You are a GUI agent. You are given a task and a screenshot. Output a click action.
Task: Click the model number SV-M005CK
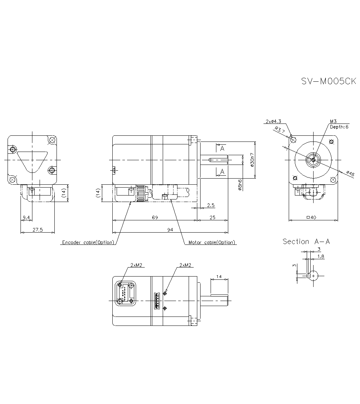click(x=328, y=81)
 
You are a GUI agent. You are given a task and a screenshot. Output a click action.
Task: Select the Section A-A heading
click(x=306, y=242)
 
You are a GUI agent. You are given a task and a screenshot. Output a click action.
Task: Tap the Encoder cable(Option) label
click(x=88, y=242)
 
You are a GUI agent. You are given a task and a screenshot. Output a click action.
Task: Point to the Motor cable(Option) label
click(x=212, y=242)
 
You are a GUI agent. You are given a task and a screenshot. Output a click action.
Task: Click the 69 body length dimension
click(x=155, y=217)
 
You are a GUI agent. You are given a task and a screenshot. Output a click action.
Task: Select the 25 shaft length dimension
click(x=212, y=217)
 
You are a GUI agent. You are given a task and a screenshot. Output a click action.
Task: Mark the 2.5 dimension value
click(x=211, y=205)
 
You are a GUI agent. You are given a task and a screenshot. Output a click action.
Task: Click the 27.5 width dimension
click(x=37, y=230)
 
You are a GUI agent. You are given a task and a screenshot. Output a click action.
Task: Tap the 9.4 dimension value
click(x=26, y=217)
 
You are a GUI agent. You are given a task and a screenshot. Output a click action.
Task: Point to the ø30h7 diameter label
click(x=252, y=160)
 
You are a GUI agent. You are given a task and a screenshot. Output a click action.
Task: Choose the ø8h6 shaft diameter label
click(x=240, y=184)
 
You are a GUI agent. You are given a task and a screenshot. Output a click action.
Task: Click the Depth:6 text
click(x=339, y=127)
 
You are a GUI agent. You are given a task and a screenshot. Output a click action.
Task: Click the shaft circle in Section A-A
click(x=314, y=276)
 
